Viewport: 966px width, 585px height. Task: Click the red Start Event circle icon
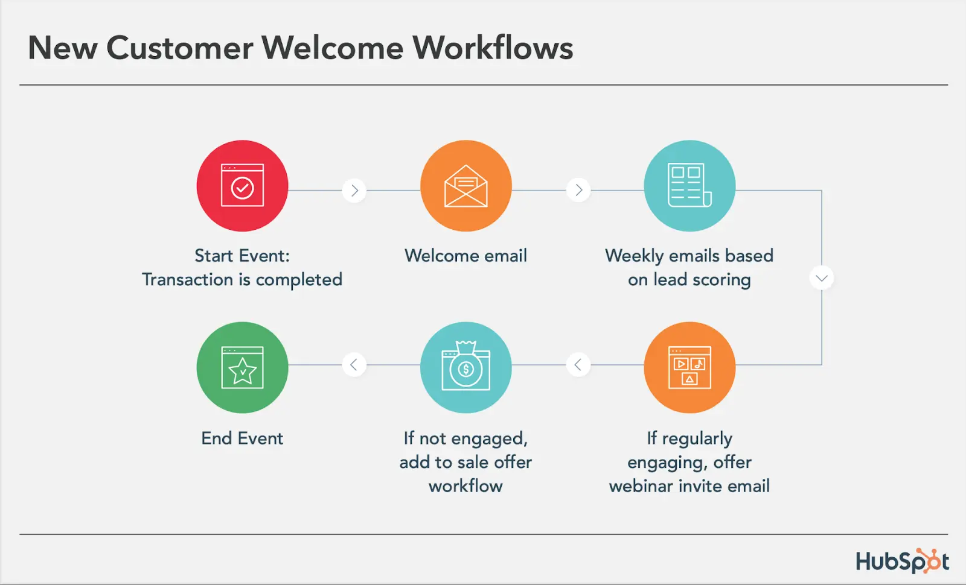coord(242,186)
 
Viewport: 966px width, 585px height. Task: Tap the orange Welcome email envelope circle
coord(465,186)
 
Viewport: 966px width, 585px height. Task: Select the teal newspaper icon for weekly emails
coord(689,186)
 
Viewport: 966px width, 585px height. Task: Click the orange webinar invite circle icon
coord(689,367)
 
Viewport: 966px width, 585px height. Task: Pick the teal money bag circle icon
coord(465,367)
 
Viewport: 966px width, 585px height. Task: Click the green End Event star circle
coord(242,367)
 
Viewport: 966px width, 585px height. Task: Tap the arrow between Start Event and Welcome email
coord(354,191)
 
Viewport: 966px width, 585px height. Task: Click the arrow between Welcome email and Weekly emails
coord(578,191)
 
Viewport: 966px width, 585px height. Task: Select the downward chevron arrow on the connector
coord(821,278)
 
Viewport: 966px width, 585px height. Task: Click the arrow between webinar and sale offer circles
coord(578,364)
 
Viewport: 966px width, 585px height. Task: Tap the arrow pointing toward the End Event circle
coord(354,364)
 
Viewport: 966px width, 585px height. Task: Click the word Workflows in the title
coord(493,48)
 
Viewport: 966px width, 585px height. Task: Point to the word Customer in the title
coord(179,48)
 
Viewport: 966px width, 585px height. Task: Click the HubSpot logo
coord(902,561)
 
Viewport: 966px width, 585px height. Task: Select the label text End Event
coord(242,438)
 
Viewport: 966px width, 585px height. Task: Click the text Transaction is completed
coord(242,280)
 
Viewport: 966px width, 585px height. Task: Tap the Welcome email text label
coord(465,256)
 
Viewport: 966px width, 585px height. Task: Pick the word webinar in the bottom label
coord(641,486)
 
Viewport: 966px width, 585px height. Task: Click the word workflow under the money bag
coord(465,486)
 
